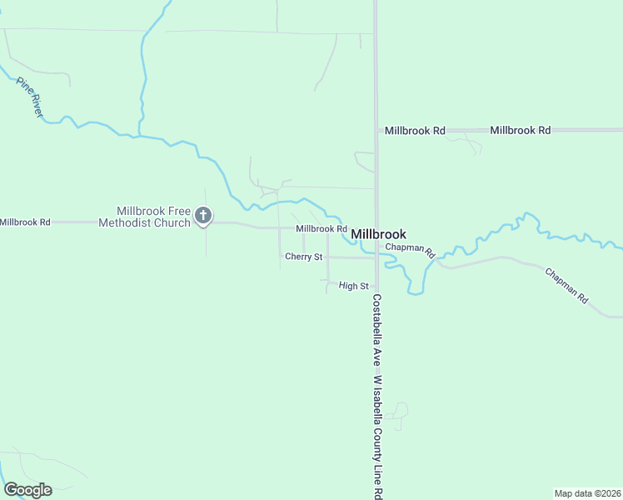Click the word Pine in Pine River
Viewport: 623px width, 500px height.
[22, 87]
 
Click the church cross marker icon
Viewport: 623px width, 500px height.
[202, 217]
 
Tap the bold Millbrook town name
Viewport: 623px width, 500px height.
[379, 234]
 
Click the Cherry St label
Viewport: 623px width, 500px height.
[303, 257]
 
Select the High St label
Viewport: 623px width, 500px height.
[354, 286]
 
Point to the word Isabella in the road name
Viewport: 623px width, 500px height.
[376, 406]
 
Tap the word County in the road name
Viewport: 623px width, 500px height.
[376, 441]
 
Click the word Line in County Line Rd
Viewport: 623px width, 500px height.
[376, 470]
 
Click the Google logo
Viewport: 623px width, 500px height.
[27, 490]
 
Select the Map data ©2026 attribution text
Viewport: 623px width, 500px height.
[587, 493]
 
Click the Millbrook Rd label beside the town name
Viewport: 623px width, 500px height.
[321, 228]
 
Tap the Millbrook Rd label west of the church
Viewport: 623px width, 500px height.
[25, 222]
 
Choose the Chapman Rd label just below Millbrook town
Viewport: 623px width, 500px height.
[411, 249]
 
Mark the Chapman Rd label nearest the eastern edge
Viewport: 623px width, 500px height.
[566, 284]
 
